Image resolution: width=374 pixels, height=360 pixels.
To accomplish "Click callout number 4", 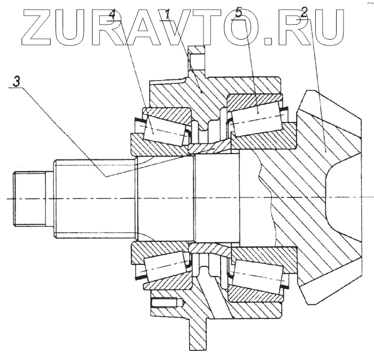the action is pyautogui.click(x=112, y=14).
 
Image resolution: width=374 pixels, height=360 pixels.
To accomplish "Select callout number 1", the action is pyautogui.click(x=168, y=14).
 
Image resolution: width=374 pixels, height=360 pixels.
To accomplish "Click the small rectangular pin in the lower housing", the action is pyautogui.click(x=163, y=303).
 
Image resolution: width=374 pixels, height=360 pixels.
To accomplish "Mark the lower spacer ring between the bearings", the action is pyautogui.click(x=209, y=248).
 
